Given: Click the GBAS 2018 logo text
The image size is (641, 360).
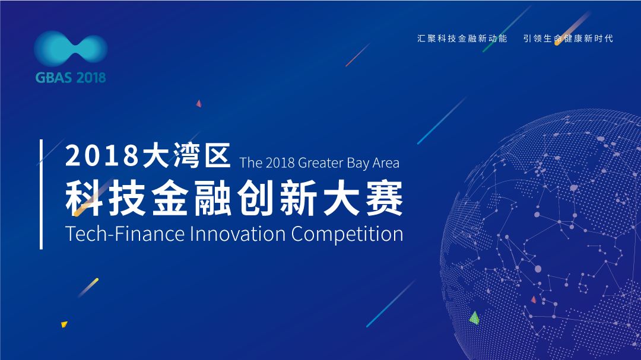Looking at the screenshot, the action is point(71,77).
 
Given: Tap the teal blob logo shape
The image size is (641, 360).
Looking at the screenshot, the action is point(71,49).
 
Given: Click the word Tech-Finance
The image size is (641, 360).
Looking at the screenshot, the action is point(125,234).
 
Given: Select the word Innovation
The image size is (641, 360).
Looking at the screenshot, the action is point(238,234).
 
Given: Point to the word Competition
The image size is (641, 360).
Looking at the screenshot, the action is point(347,234).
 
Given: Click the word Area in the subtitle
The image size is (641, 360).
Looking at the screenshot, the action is point(386,163).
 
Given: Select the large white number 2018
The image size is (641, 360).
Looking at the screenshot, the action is point(102,155).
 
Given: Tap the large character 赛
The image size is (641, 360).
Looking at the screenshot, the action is point(384,198).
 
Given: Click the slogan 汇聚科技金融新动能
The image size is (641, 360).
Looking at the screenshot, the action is point(462,39).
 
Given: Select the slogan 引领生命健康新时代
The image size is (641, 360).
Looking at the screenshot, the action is point(568,39).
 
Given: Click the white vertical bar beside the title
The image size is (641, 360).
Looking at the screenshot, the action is point(41,194).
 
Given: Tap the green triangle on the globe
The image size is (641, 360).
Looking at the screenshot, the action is point(474,317).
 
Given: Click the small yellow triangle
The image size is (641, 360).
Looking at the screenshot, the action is point(64,324).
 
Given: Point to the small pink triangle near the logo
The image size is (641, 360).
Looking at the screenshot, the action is point(199,103).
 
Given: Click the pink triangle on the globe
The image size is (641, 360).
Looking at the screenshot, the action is point(534,300).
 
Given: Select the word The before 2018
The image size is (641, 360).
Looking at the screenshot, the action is point(250,163).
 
